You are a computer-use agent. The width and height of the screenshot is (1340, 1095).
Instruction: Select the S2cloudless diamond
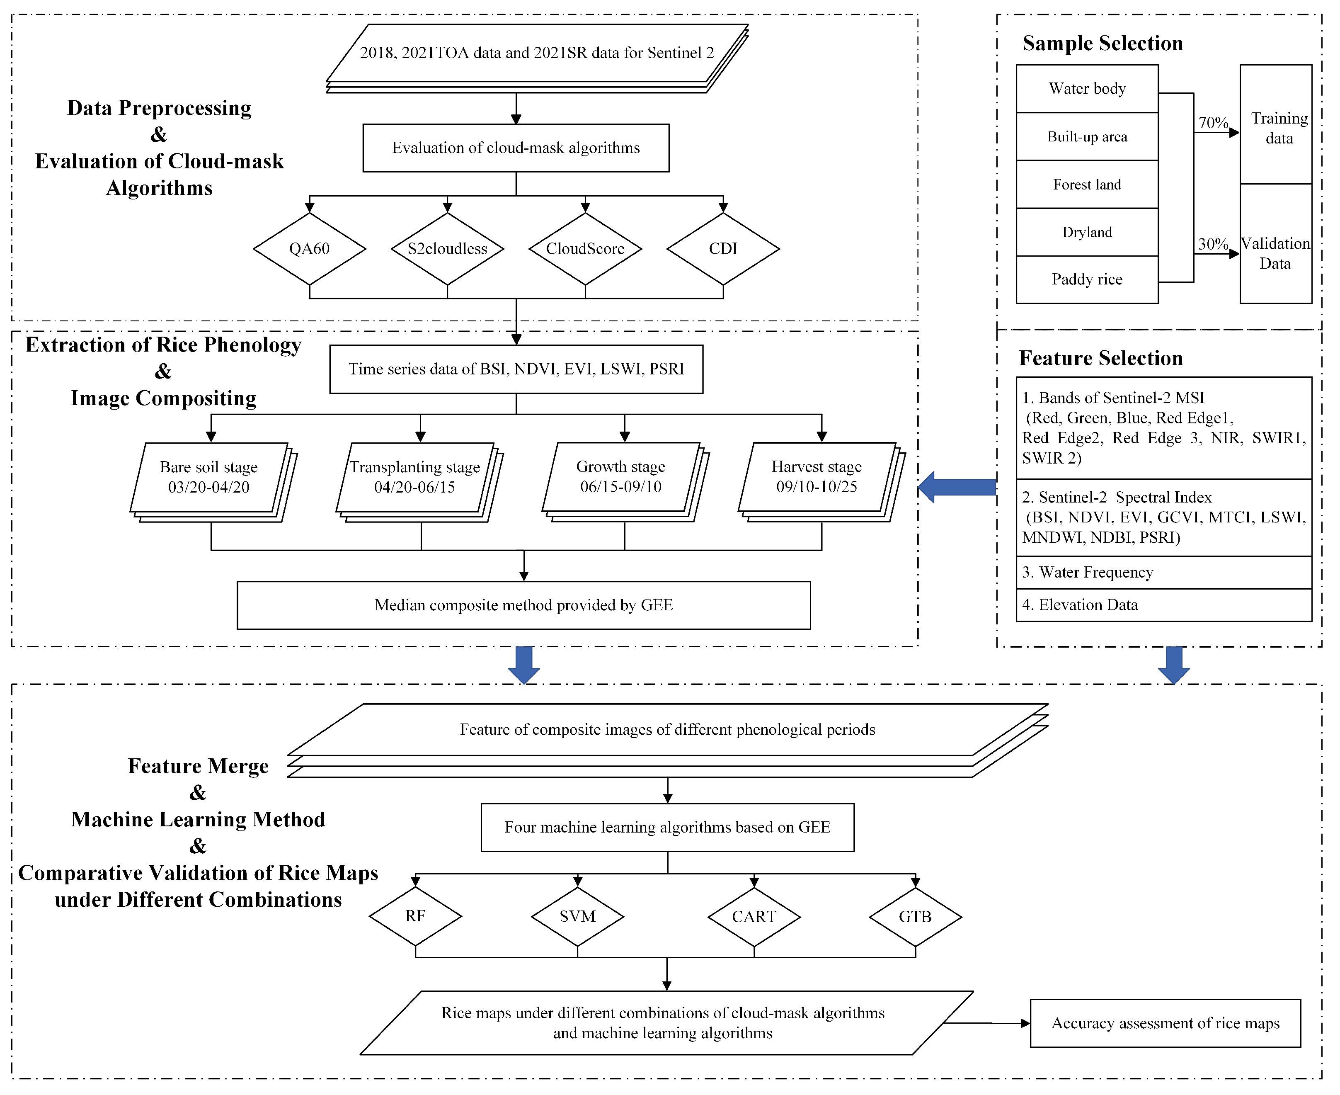point(447,248)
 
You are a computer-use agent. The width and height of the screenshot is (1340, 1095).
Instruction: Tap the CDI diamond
point(723,248)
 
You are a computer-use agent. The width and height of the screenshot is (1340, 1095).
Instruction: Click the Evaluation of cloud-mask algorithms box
point(516,148)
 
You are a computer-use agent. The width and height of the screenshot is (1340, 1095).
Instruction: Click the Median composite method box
point(523,605)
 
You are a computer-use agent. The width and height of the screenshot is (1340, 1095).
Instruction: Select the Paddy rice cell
point(1086,279)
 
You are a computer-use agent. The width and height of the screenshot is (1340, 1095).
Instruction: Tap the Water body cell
point(1086,88)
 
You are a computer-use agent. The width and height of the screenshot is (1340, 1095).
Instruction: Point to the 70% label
point(1212,122)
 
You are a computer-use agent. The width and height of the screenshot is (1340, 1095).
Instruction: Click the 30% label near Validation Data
point(1212,244)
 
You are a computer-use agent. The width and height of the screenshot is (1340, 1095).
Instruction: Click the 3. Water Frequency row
point(1163,572)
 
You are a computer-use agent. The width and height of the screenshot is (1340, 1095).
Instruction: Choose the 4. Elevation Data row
point(1163,605)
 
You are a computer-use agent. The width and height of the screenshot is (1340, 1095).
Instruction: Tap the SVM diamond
point(577,916)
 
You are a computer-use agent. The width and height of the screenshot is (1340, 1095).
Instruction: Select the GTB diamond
point(915,916)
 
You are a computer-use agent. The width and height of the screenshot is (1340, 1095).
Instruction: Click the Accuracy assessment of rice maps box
point(1165,1023)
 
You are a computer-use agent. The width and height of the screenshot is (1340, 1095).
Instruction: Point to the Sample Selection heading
point(1102,43)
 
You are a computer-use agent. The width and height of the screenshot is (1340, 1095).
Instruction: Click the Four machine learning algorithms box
point(667,827)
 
